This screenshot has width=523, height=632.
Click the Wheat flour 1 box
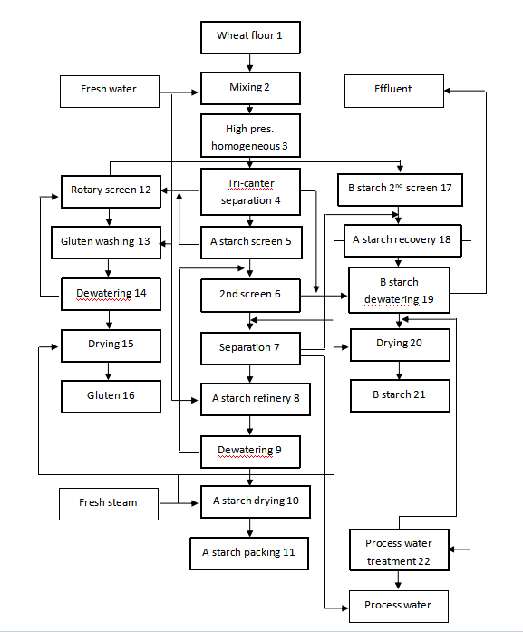point(249,36)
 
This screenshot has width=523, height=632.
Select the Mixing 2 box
point(249,89)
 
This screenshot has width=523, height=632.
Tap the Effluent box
point(392,89)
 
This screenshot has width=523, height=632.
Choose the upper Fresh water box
point(108,90)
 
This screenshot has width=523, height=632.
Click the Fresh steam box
point(108,502)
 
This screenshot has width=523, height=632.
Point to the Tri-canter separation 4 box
point(249,191)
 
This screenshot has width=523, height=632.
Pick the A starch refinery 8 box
point(249,398)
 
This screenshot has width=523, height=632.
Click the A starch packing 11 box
point(249,552)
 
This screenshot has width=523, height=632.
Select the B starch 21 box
point(400,394)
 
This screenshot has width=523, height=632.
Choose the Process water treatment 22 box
point(398,551)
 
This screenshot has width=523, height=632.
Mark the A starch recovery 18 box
point(401,240)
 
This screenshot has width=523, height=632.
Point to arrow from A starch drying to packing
point(249,527)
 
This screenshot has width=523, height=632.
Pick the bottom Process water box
point(398,605)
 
